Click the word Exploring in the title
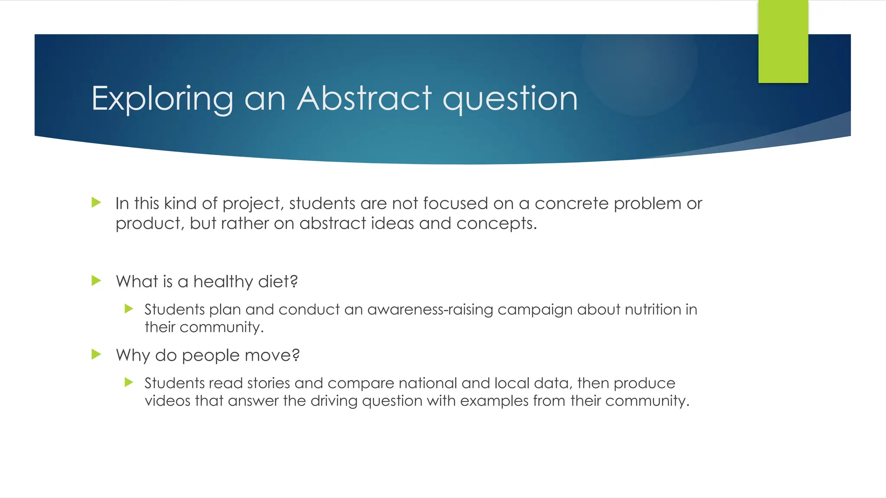tap(162, 99)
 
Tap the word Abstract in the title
tap(364, 99)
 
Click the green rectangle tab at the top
tap(783, 41)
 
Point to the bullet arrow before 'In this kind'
tap(96, 202)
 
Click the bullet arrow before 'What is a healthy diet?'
tap(96, 281)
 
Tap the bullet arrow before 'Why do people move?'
tap(96, 354)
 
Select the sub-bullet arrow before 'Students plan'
tap(128, 309)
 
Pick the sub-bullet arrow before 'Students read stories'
tap(128, 382)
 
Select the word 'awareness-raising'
tap(430, 310)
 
